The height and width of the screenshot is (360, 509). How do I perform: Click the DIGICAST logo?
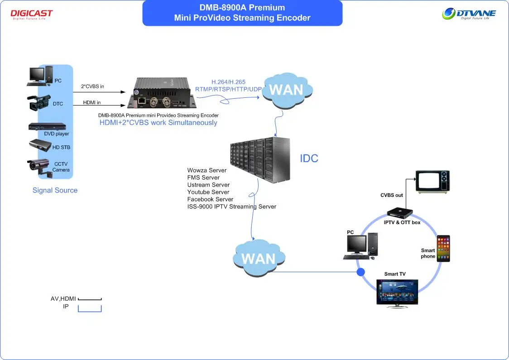pyautogui.click(x=31, y=14)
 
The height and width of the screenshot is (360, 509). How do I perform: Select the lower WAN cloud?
pyautogui.click(x=259, y=259)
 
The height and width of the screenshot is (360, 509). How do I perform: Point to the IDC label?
pyautogui.click(x=309, y=158)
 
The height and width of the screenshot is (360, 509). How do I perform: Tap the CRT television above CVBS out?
pyautogui.click(x=433, y=182)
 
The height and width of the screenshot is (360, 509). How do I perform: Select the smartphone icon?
pyautogui.click(x=443, y=248)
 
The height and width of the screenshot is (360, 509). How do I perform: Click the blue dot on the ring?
pyautogui.click(x=360, y=272)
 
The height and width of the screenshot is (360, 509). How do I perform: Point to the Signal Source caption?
pyautogui.click(x=55, y=190)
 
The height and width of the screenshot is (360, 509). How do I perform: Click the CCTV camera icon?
pyautogui.click(x=39, y=166)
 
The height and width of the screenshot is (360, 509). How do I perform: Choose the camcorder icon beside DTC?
pyautogui.click(x=39, y=103)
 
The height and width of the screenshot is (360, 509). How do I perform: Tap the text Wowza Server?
pyautogui.click(x=206, y=170)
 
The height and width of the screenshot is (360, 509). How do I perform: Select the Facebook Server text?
pyautogui.click(x=210, y=199)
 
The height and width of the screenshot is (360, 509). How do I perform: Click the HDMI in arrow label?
pyautogui.click(x=92, y=102)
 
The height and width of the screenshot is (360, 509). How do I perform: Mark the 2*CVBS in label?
pyautogui.click(x=92, y=86)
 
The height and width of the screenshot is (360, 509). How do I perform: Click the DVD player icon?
pyautogui.click(x=47, y=127)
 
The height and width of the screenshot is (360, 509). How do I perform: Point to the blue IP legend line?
pyautogui.click(x=90, y=310)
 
